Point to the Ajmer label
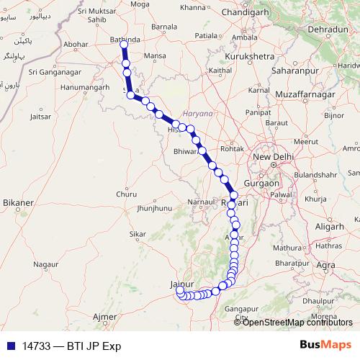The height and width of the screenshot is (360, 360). (105, 317)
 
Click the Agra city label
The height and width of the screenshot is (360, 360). (325, 266)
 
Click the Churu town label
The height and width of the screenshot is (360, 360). (126, 194)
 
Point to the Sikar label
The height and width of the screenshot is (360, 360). (137, 234)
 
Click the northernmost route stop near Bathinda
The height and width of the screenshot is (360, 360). (124, 45)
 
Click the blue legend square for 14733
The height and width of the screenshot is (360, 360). (9, 346)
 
